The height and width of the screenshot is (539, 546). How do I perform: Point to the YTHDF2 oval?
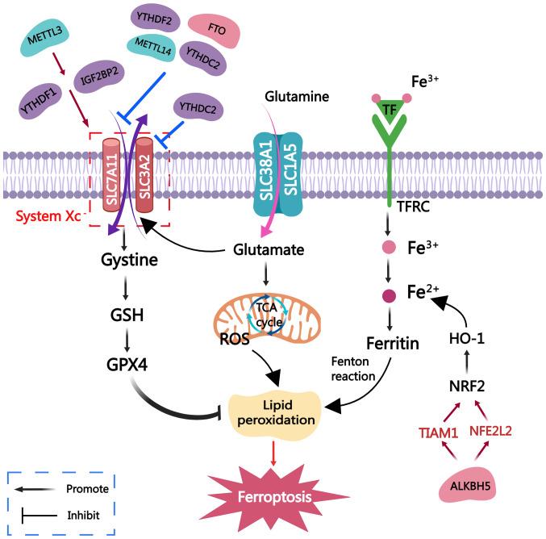pyautogui.click(x=153, y=20)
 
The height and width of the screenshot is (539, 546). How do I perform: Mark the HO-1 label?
pyautogui.click(x=465, y=340)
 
